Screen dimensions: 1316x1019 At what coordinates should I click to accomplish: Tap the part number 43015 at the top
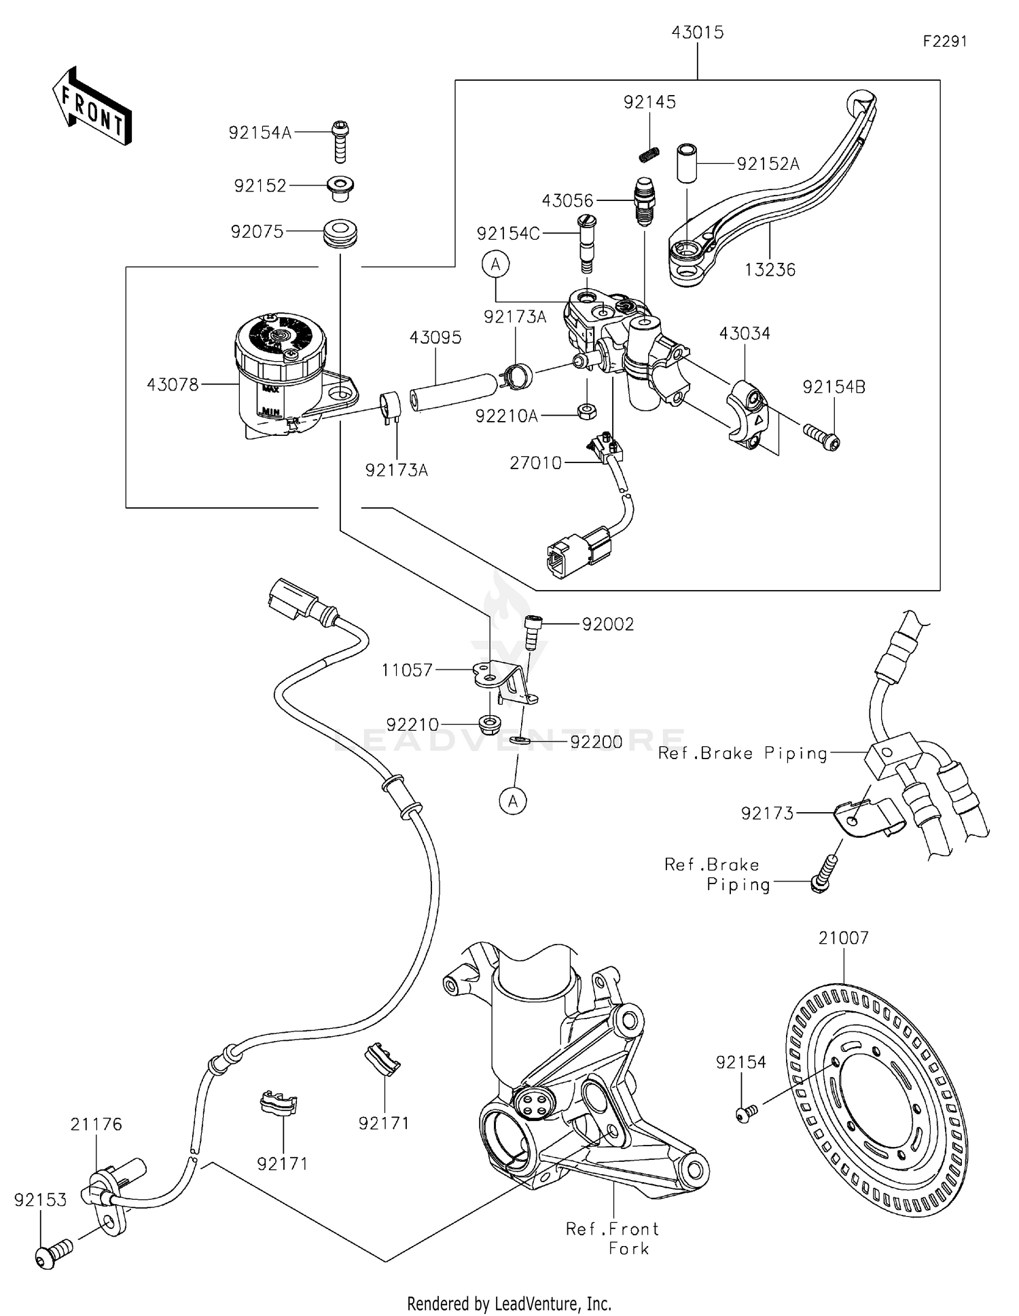click(x=697, y=33)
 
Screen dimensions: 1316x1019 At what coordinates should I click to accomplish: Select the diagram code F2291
click(x=944, y=41)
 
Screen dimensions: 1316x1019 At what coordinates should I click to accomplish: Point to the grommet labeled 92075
click(x=340, y=233)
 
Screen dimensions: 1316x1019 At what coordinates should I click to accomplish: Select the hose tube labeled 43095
click(x=451, y=391)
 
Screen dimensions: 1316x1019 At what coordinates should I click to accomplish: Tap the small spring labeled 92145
click(x=650, y=154)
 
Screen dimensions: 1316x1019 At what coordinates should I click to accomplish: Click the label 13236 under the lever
click(x=770, y=270)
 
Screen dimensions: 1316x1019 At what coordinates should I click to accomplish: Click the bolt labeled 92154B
click(x=822, y=435)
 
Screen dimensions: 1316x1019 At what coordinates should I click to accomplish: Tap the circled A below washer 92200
click(x=513, y=801)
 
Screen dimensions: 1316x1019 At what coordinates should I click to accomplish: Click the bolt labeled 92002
click(x=532, y=631)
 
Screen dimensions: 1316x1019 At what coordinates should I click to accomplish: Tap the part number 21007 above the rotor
click(x=843, y=938)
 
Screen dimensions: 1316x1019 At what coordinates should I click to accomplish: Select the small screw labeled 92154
click(x=745, y=1114)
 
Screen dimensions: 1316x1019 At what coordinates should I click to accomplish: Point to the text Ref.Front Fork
click(x=613, y=1238)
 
